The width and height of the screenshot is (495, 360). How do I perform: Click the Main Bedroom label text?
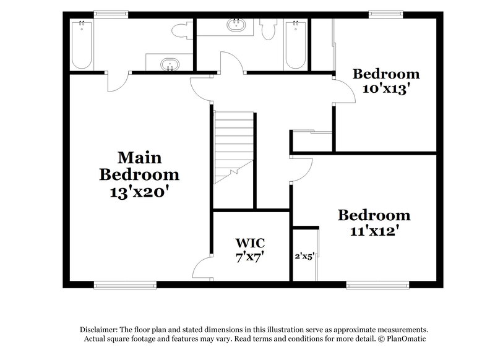(x=139, y=165)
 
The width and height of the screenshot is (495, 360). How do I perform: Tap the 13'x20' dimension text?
(x=140, y=192)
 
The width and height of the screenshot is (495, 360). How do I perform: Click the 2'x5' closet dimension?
(x=304, y=255)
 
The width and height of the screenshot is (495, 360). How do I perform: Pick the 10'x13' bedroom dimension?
(x=387, y=88)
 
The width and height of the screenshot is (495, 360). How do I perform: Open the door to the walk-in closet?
(x=203, y=268)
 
